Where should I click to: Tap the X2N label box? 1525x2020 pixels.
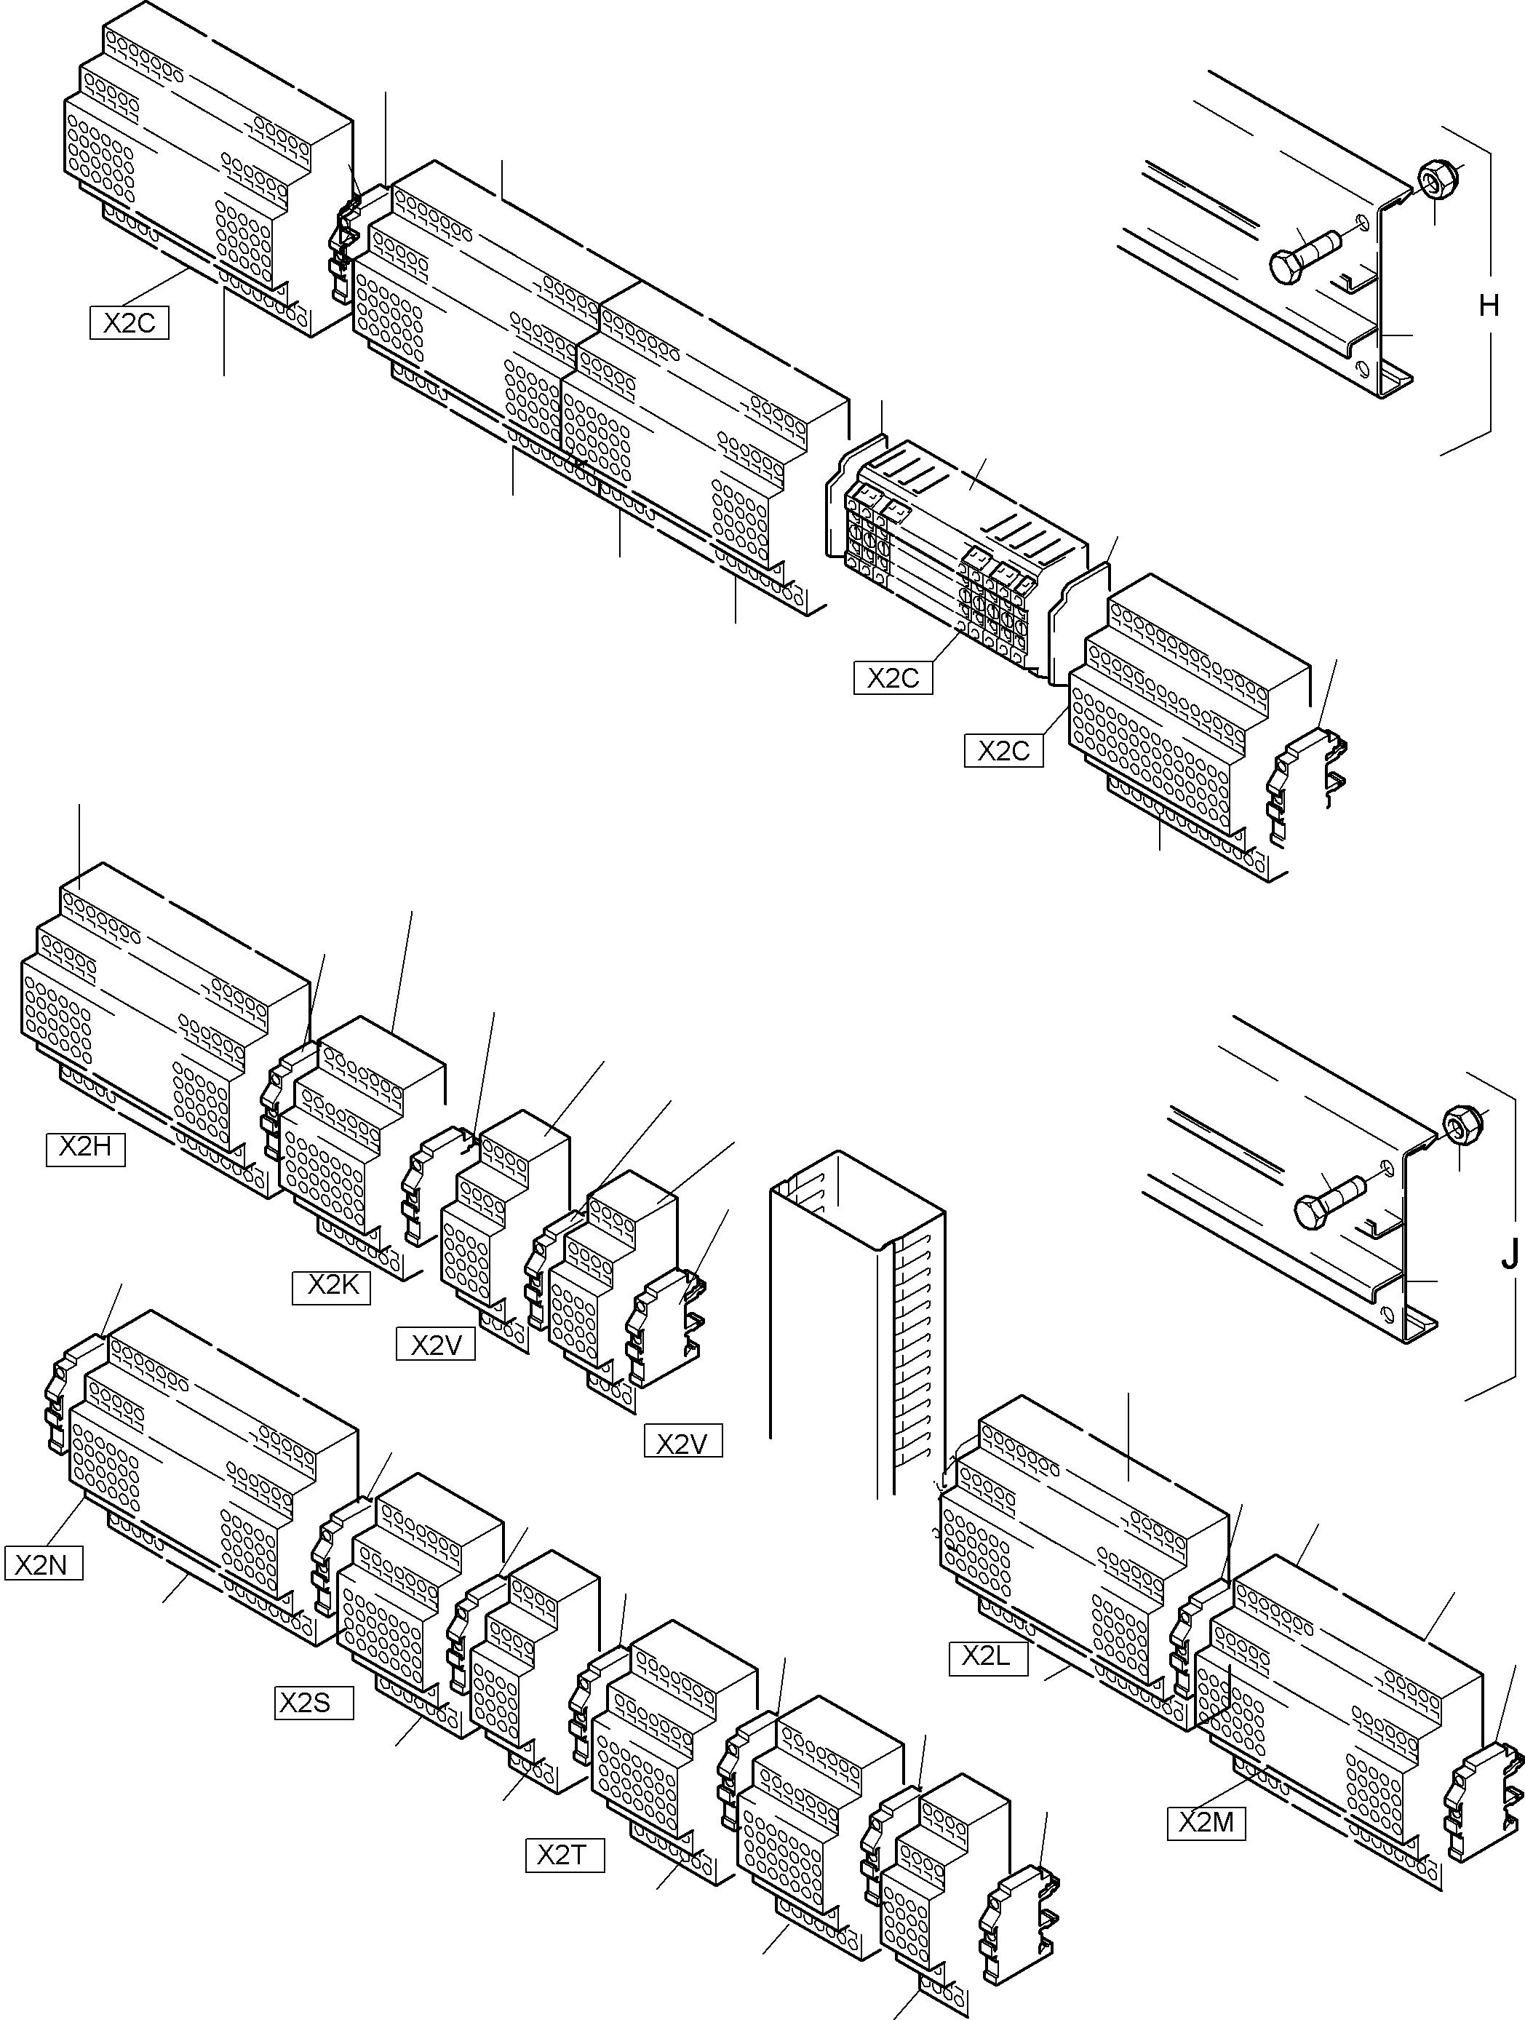43,1564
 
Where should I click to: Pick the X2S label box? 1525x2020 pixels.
313,1703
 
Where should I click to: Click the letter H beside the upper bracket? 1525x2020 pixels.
1489,305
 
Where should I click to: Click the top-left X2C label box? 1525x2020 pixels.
129,323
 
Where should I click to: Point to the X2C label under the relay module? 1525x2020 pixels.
892,678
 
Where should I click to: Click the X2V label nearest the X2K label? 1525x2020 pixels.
434,1345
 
